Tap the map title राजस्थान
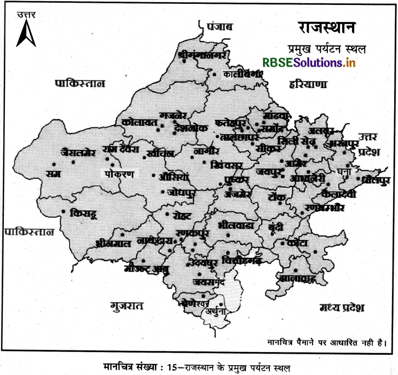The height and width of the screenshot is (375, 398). [326, 27]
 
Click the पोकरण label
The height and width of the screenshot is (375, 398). [119, 173]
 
